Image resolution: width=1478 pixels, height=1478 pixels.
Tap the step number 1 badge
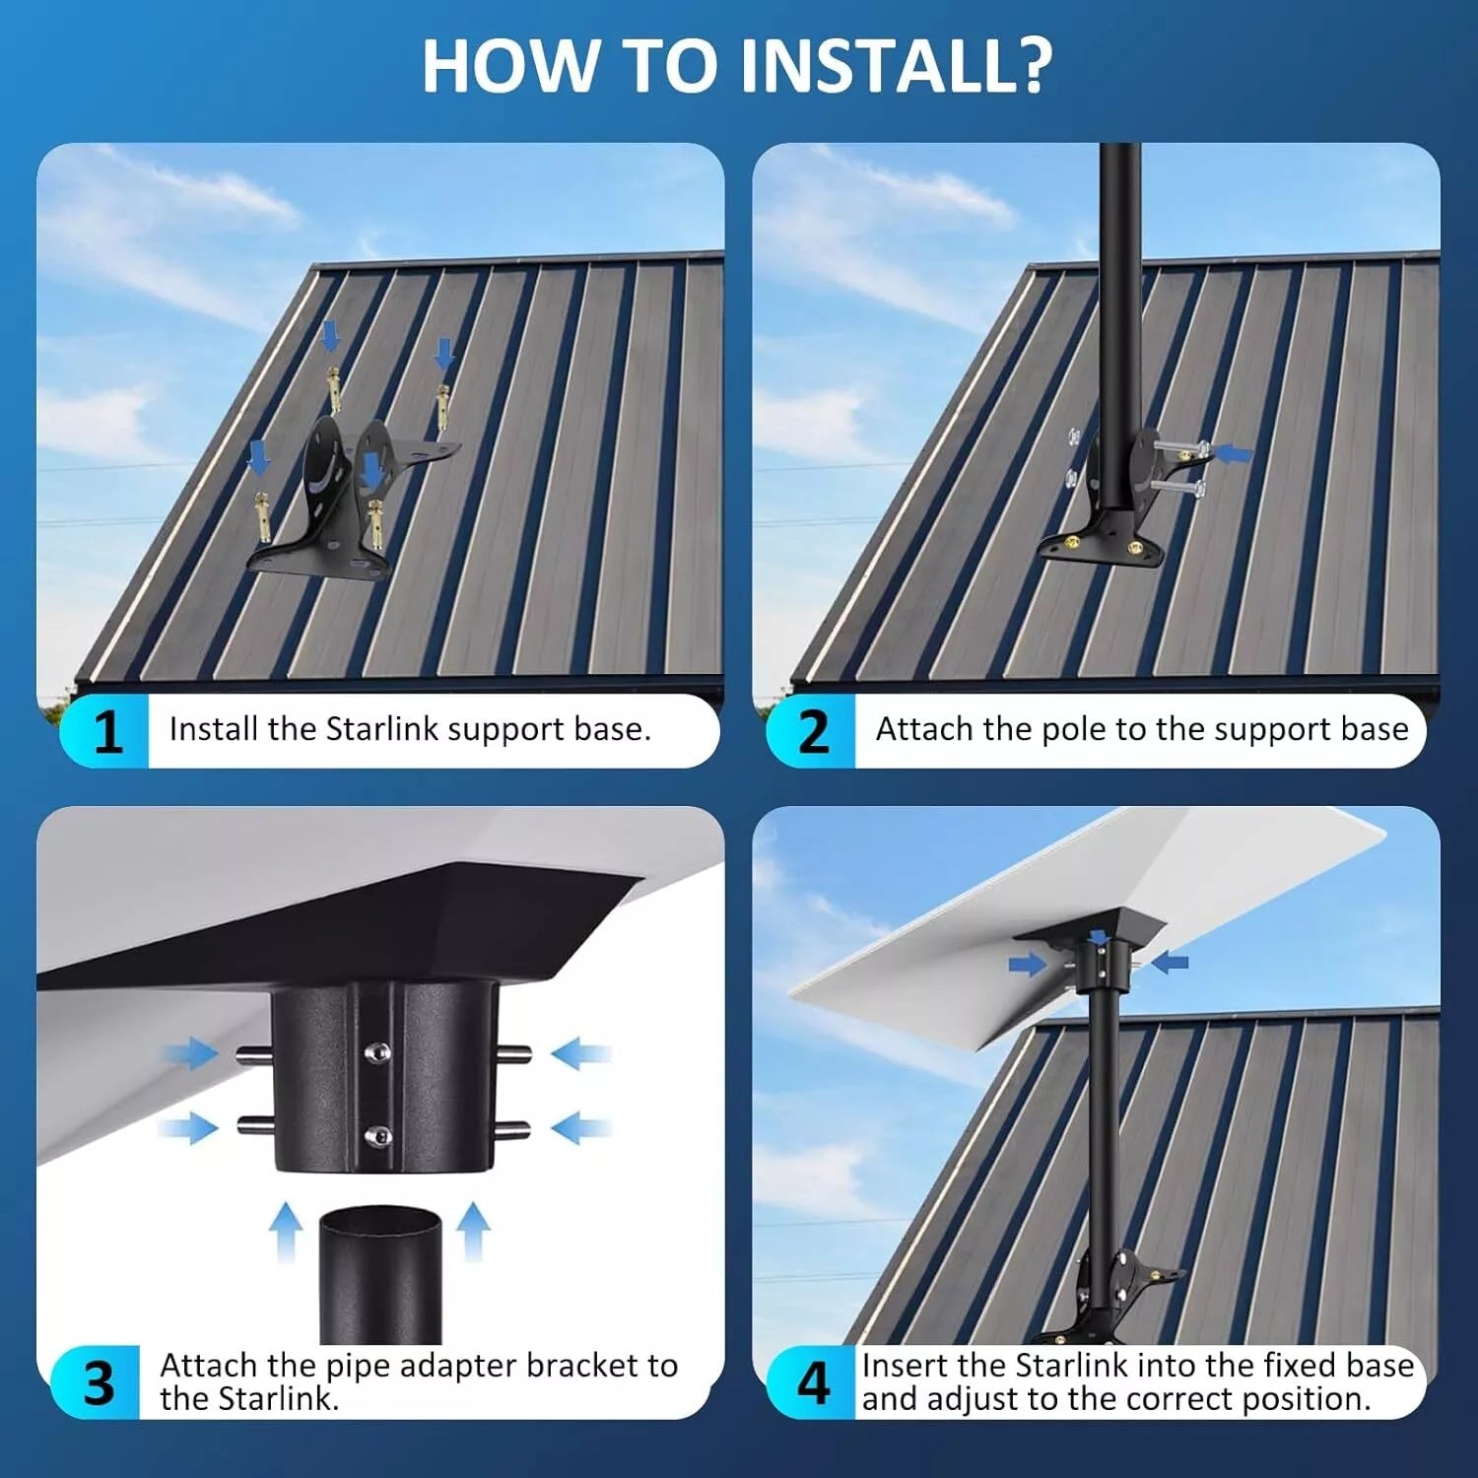[x=105, y=731]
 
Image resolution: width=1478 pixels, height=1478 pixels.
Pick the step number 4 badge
[x=812, y=1382]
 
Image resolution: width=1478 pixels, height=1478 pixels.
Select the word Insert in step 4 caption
[x=906, y=1366]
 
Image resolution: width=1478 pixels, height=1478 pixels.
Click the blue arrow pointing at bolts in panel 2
[x=1234, y=454]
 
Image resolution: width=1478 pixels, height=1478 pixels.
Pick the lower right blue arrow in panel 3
[x=580, y=1128]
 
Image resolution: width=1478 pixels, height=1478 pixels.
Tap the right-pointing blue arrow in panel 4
[x=1029, y=964]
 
